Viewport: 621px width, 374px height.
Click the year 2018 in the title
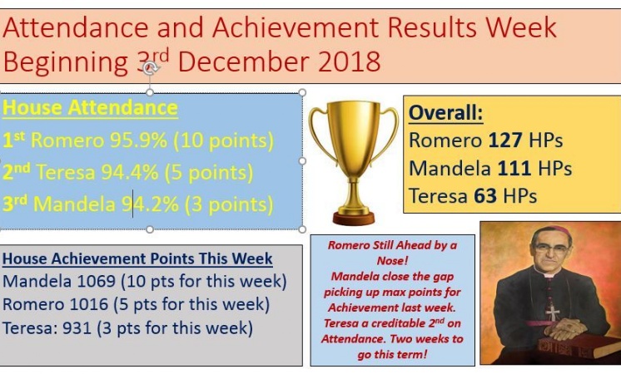(x=350, y=62)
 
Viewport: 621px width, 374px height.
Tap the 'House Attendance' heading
(x=90, y=108)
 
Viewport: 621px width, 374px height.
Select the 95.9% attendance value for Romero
(x=139, y=140)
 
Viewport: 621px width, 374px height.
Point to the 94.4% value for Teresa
(x=130, y=172)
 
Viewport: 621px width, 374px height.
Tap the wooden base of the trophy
(x=354, y=219)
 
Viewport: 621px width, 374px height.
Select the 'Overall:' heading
(x=446, y=113)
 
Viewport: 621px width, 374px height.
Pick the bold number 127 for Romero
(x=505, y=140)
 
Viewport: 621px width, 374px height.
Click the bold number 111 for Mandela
(x=514, y=169)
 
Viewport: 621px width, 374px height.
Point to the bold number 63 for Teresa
(x=485, y=196)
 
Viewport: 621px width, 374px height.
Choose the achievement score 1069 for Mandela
(x=97, y=282)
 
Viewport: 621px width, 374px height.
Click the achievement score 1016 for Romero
(x=89, y=304)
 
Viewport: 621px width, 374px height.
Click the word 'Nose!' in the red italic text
(x=392, y=260)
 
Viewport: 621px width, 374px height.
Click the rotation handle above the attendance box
(x=150, y=68)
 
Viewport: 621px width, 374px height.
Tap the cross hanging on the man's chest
(x=553, y=312)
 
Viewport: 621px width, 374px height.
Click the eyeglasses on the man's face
(x=552, y=249)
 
